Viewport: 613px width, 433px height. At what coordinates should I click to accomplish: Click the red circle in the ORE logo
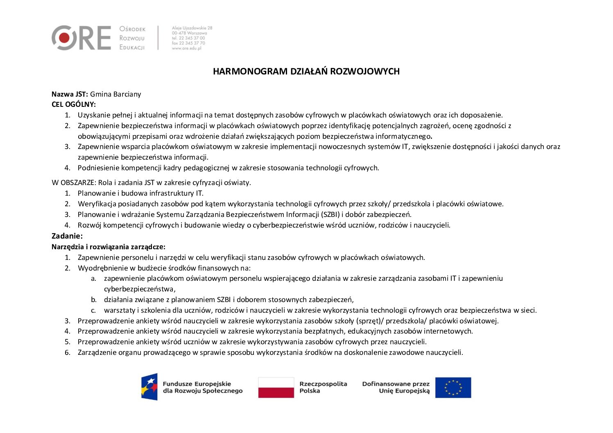pyautogui.click(x=64, y=38)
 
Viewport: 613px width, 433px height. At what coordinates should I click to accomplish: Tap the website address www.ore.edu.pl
pyautogui.click(x=186, y=48)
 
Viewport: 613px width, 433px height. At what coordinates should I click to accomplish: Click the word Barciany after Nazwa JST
pyautogui.click(x=127, y=94)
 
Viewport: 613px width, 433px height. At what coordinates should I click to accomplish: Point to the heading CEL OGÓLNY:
pyautogui.click(x=74, y=104)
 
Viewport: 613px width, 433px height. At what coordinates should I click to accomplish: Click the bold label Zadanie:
pyautogui.click(x=67, y=236)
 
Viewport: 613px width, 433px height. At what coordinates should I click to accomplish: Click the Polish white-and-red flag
pyautogui.click(x=276, y=388)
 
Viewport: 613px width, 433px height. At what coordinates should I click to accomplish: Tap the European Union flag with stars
pyautogui.click(x=453, y=388)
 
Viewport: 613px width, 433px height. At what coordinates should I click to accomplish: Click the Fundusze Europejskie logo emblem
pyautogui.click(x=149, y=387)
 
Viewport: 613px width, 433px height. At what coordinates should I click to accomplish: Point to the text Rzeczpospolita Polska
pyautogui.click(x=323, y=387)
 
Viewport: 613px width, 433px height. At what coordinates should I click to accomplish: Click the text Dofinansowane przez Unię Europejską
pyautogui.click(x=396, y=387)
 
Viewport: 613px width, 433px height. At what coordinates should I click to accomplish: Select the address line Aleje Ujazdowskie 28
pyautogui.click(x=192, y=28)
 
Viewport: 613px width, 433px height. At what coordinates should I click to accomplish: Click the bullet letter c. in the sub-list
pyautogui.click(x=93, y=310)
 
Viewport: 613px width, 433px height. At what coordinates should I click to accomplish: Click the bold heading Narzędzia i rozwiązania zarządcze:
pyautogui.click(x=109, y=247)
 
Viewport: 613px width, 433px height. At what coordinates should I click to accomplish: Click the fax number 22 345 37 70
pyautogui.click(x=192, y=43)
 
